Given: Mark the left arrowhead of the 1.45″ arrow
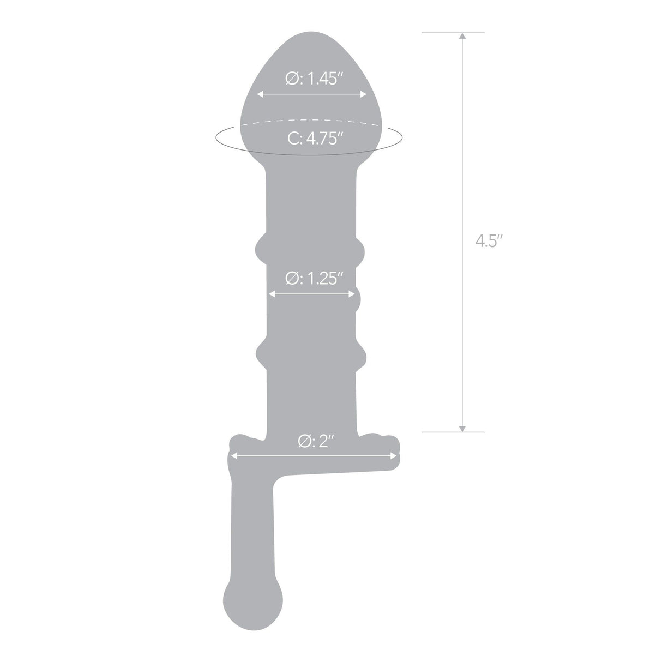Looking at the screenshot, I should (260, 94).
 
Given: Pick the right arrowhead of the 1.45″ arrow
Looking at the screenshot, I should (364, 94).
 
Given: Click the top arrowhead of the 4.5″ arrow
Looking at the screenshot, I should (462, 37).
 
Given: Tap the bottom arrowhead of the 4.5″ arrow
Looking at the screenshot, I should (462, 428).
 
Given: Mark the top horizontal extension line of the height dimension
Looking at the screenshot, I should (453, 33).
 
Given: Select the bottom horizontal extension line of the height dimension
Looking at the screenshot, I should (453, 432).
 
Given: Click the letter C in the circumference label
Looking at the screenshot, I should (292, 139).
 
